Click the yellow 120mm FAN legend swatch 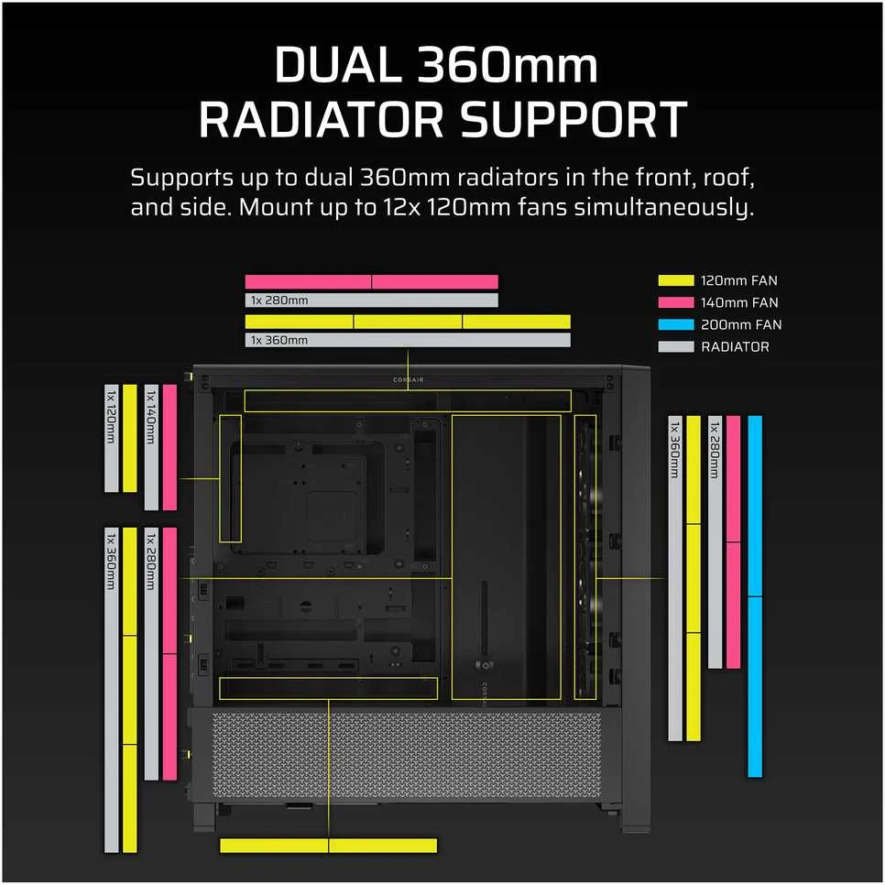[675, 280]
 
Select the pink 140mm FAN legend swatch [675, 302]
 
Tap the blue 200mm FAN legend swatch [675, 324]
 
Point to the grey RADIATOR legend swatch [675, 346]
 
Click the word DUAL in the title [337, 65]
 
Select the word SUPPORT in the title [573, 119]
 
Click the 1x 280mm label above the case [279, 300]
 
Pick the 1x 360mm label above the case [279, 340]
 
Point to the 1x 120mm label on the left [111, 417]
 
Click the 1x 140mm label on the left [151, 417]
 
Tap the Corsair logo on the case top [408, 380]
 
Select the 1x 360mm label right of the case [675, 449]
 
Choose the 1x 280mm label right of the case [716, 449]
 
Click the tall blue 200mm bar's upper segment [755, 506]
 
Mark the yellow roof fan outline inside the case [408, 390]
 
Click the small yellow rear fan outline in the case [220, 478]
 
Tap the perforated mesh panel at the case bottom [408, 754]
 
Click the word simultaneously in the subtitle [663, 208]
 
